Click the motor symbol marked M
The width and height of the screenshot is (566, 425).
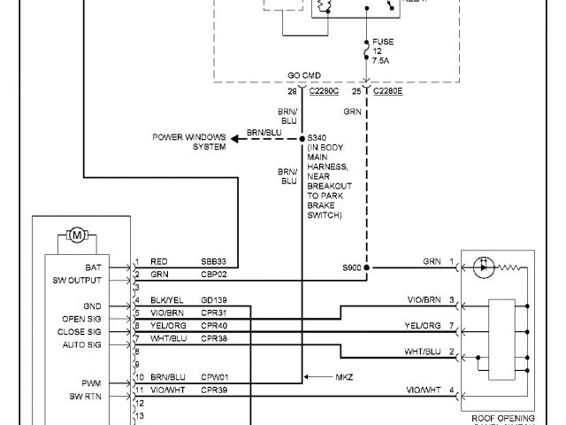tap(76, 236)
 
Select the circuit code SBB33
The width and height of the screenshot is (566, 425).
tap(213, 263)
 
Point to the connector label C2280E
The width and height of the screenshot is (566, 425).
tap(388, 91)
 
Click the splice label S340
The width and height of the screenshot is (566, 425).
tap(317, 138)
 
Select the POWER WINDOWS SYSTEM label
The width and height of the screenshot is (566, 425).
tap(187, 142)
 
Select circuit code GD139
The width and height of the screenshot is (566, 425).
tap(213, 300)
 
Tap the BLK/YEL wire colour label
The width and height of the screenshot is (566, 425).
tap(167, 300)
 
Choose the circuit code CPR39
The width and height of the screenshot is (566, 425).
tap(214, 389)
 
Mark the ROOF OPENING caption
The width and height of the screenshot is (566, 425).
tap(502, 417)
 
